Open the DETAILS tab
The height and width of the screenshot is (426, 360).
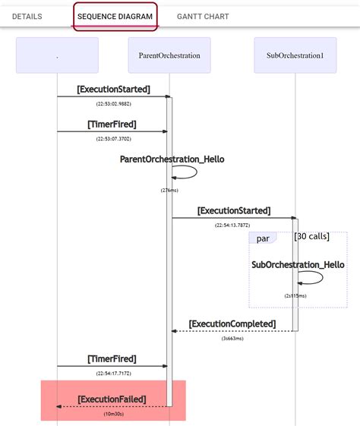click(x=27, y=16)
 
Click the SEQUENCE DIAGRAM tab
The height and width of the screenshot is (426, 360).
click(x=115, y=16)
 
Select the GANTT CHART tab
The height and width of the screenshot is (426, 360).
click(x=203, y=16)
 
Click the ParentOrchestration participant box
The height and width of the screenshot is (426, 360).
click(x=169, y=55)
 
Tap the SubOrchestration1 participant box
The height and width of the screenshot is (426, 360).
click(x=295, y=55)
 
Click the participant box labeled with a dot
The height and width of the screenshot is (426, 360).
click(x=57, y=55)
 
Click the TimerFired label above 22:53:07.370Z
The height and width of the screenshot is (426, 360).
click(x=112, y=124)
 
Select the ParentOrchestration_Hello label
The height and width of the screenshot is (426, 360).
click(x=172, y=159)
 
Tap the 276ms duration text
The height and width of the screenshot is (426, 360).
click(x=169, y=190)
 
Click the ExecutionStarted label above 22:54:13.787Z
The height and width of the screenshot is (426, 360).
click(x=234, y=210)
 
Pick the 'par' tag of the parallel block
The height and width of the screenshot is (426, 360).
click(x=263, y=238)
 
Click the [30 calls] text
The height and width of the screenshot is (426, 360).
click(x=311, y=236)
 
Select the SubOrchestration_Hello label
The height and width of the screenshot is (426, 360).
click(x=298, y=264)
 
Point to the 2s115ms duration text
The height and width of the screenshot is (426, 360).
click(x=295, y=295)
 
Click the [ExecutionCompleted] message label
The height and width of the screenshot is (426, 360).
click(x=232, y=324)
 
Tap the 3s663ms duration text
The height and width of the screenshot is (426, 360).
click(x=232, y=339)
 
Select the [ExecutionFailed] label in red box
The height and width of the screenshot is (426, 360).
click(x=112, y=399)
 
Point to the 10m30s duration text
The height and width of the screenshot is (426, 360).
click(x=114, y=414)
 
